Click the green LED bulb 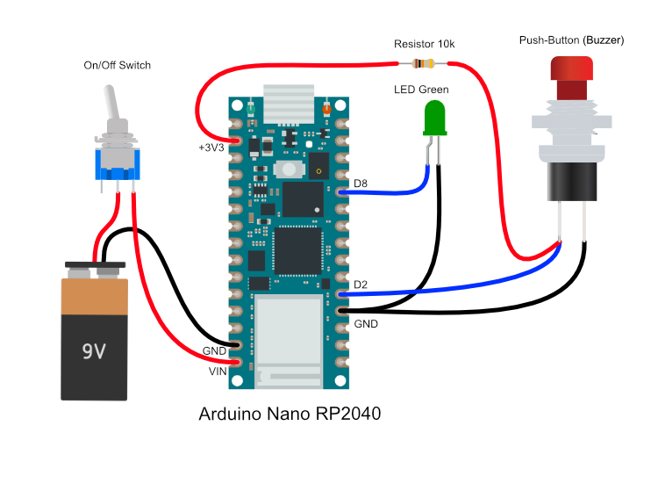[x=433, y=118]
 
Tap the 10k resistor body [x=424, y=63]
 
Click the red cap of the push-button [x=570, y=69]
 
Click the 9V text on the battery [x=94, y=351]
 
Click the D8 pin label [x=361, y=184]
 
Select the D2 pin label [x=361, y=285]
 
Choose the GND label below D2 [x=365, y=323]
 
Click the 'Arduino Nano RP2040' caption [x=290, y=414]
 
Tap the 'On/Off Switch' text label [x=117, y=65]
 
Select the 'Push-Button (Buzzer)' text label [x=569, y=40]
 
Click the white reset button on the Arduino [x=286, y=169]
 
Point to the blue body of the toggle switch [x=116, y=160]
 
